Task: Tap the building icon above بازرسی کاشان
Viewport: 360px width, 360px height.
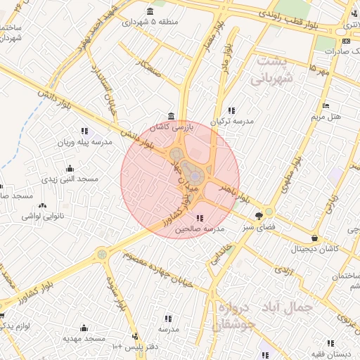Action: pos(172,116)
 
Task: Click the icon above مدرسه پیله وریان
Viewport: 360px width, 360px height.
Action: pos(84,131)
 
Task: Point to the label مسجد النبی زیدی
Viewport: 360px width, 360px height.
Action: pos(69,179)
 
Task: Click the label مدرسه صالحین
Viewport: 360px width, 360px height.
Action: pos(200,229)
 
